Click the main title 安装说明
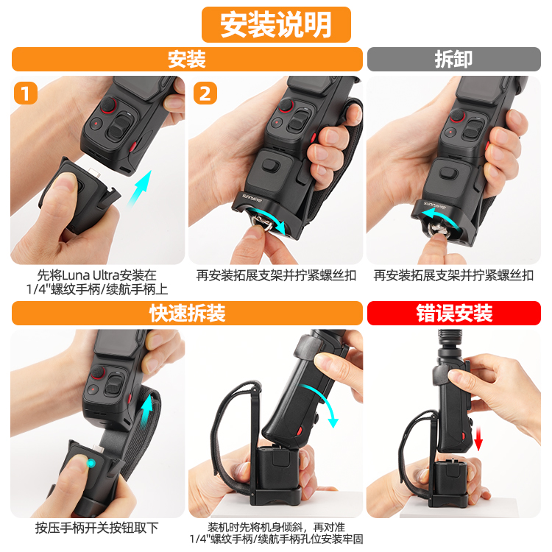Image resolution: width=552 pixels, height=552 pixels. pyautogui.click(x=276, y=24)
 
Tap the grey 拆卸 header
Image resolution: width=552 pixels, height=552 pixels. pyautogui.click(x=453, y=59)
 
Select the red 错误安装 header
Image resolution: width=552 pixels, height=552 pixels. pyautogui.click(x=454, y=313)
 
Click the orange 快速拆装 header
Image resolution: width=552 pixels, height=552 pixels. pyautogui.click(x=187, y=313)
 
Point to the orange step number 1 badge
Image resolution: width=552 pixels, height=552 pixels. pyautogui.click(x=25, y=93)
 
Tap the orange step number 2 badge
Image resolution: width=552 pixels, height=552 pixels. pyautogui.click(x=205, y=93)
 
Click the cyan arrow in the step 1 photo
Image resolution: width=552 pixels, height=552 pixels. pyautogui.click(x=139, y=189)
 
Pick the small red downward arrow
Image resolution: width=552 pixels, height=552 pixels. pyautogui.click(x=478, y=438)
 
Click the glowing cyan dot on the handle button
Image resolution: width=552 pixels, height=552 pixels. pyautogui.click(x=91, y=463)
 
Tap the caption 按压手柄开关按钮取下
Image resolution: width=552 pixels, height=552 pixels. pyautogui.click(x=97, y=528)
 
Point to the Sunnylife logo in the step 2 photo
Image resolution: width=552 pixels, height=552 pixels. pyautogui.click(x=252, y=198)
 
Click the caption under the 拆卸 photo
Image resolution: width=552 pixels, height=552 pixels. pyautogui.click(x=453, y=275)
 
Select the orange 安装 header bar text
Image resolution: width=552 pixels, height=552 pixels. pyautogui.click(x=187, y=59)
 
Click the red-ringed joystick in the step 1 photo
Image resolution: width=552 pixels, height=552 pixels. pyautogui.click(x=108, y=105)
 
